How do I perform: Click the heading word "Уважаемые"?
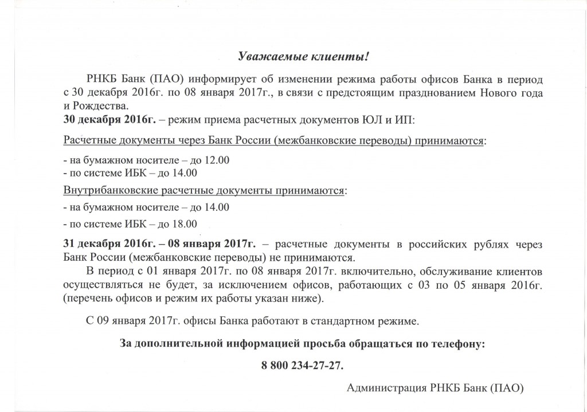263,57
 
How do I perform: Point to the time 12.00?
217,160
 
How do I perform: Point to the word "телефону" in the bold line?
456,344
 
